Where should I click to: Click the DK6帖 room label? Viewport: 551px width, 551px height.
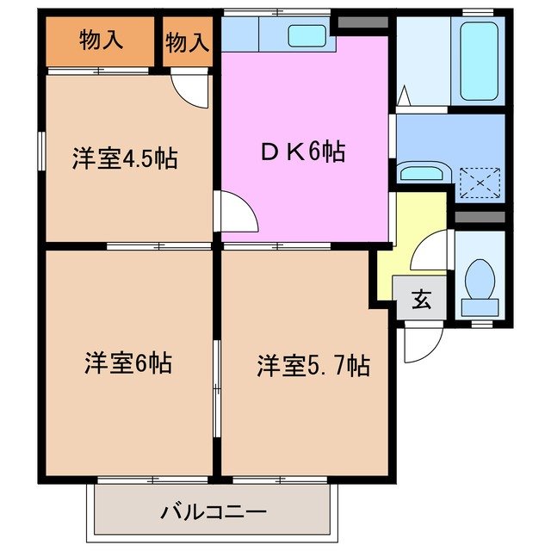[304, 152]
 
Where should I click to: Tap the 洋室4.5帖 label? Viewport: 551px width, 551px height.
[124, 158]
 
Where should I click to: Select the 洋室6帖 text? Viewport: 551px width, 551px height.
[127, 363]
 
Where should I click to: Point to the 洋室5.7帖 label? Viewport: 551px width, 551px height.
[313, 366]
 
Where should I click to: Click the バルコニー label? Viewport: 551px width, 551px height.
[213, 512]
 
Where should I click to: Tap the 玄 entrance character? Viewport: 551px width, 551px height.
[420, 300]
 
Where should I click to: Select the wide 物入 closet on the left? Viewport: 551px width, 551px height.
[101, 40]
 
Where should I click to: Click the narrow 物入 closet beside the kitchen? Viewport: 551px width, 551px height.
[187, 41]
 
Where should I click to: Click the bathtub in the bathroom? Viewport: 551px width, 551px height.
[479, 60]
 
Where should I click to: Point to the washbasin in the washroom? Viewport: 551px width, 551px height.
[422, 173]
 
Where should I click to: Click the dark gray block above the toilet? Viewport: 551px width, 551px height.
[479, 216]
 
